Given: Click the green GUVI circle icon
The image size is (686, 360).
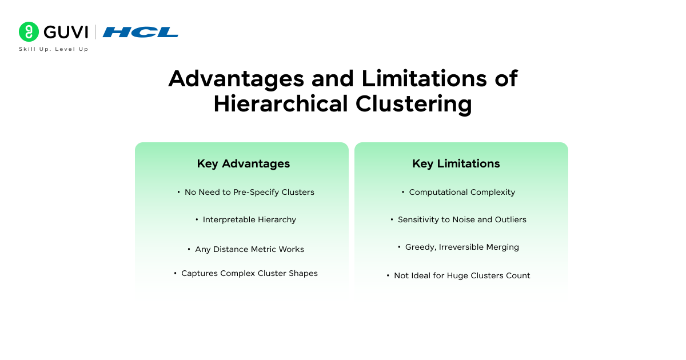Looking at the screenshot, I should [29, 32].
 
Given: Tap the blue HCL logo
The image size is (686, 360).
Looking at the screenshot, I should [141, 32].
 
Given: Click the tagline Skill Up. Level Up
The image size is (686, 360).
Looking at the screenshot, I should [54, 49].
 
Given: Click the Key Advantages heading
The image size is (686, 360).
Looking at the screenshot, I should [244, 163].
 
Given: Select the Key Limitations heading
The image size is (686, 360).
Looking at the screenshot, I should [456, 163].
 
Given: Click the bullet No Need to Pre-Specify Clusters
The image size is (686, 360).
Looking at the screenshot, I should [249, 192].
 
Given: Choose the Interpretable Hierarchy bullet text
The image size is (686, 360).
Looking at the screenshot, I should [249, 219].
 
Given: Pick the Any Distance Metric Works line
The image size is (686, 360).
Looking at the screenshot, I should [249, 249].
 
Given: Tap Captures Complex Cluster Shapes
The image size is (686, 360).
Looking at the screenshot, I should [249, 273].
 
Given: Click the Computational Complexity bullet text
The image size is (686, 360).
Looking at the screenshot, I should [462, 192].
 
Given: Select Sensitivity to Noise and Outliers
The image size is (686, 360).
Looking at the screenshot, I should [462, 219].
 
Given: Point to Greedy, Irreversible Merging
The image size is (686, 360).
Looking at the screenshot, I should [462, 247].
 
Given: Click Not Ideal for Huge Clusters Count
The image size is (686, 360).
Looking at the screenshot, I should [462, 275].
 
